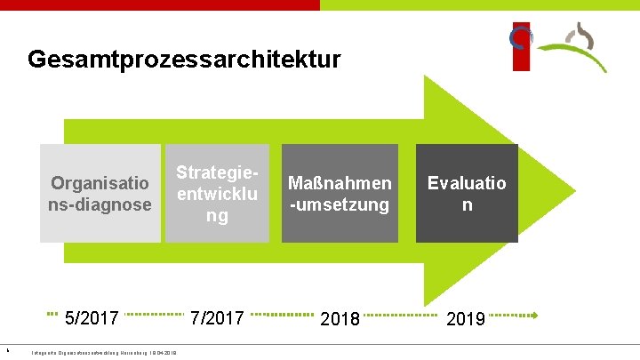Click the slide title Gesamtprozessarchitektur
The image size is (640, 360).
tap(184, 60)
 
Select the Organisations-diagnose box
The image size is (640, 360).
tap(100, 193)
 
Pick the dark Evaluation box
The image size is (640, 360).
tap(467, 193)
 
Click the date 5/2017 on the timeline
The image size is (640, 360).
tap(92, 317)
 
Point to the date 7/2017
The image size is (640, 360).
tap(217, 317)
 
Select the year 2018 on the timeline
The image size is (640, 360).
tap(340, 318)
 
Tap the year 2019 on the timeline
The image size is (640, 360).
tap(466, 318)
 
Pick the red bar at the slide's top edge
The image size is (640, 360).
tap(160, 4)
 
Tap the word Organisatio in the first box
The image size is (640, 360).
tap(100, 184)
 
